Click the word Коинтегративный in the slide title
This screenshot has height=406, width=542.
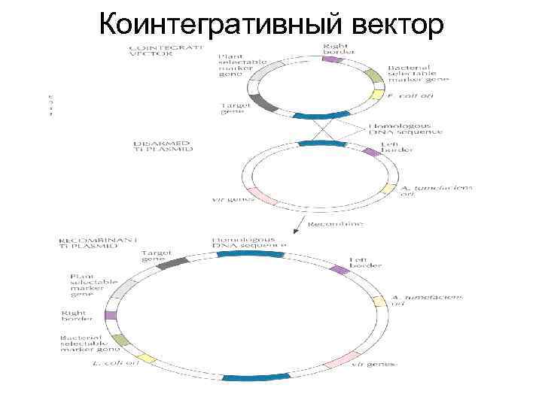pyautogui.click(x=219, y=25)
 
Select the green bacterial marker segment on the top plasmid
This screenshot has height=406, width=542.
pyautogui.click(x=374, y=76)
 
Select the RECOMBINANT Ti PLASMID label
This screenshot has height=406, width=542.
pyautogui.click(x=98, y=242)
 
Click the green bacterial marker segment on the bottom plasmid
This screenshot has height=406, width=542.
pyautogui.click(x=123, y=341)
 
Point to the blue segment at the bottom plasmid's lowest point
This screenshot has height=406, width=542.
pyautogui.click(x=247, y=377)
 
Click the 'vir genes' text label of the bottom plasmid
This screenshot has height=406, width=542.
pyautogui.click(x=374, y=364)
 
